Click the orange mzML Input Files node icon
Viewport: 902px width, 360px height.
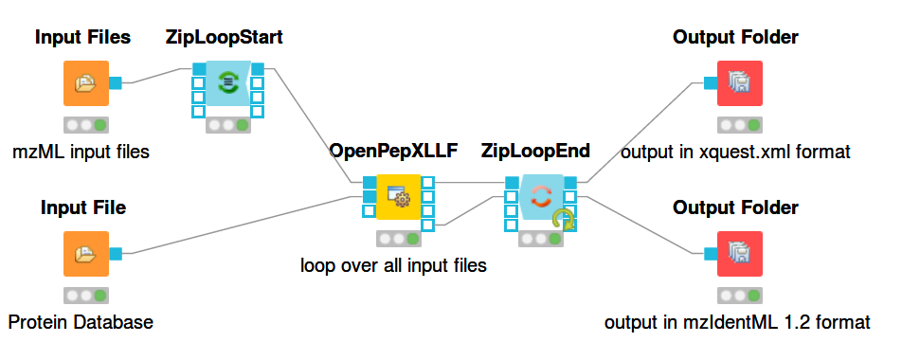pyautogui.click(x=85, y=83)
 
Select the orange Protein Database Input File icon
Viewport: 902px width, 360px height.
pyautogui.click(x=85, y=254)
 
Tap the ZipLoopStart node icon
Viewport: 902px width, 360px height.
pyautogui.click(x=227, y=83)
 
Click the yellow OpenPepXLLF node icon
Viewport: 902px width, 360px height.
pyautogui.click(x=398, y=197)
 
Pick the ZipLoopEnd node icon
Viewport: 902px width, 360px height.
pyautogui.click(x=541, y=197)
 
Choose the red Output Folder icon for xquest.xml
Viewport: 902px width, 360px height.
pyautogui.click(x=740, y=83)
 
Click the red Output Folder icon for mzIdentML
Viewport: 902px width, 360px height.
pyautogui.click(x=740, y=254)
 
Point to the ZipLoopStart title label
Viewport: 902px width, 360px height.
pyautogui.click(x=224, y=37)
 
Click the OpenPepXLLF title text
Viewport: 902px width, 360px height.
pyautogui.click(x=393, y=151)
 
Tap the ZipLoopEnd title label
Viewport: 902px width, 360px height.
pyautogui.click(x=535, y=151)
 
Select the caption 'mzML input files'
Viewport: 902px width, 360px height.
pyautogui.click(x=81, y=152)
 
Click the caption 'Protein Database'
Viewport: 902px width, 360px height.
pyautogui.click(x=81, y=322)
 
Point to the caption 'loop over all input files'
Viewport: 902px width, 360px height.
pyautogui.click(x=393, y=265)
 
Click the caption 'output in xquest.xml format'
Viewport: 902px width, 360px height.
pyautogui.click(x=735, y=153)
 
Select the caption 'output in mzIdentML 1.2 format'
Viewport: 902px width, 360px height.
pyautogui.click(x=737, y=322)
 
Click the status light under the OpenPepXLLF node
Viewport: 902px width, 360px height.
pyautogui.click(x=399, y=239)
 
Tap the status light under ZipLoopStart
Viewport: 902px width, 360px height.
pyautogui.click(x=227, y=125)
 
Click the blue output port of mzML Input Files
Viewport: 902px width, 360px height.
pyautogui.click(x=115, y=83)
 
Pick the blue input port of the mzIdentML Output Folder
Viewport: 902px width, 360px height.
pyautogui.click(x=711, y=254)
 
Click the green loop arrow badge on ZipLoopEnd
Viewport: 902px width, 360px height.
pyautogui.click(x=564, y=220)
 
